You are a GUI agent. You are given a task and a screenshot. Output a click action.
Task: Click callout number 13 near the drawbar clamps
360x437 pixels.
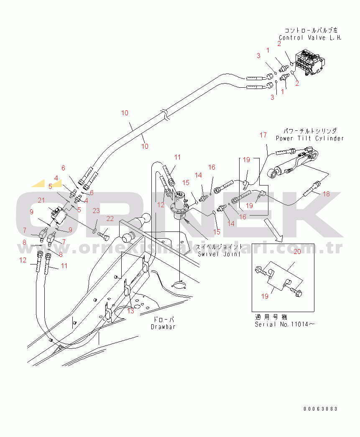(x=131, y=310)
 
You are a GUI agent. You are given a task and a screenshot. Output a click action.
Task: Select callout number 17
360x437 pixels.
(x=263, y=135)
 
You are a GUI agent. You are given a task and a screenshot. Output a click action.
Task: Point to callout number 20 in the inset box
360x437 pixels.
(x=297, y=252)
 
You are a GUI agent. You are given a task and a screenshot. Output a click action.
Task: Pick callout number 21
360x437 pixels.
(x=41, y=201)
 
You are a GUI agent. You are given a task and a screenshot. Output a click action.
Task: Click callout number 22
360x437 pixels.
(x=110, y=218)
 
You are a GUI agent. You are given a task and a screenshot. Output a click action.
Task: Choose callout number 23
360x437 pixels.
(x=96, y=210)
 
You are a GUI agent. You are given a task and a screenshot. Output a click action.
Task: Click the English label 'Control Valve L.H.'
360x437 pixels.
(x=310, y=37)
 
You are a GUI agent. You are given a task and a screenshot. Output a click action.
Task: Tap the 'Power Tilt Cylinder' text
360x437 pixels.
(x=310, y=138)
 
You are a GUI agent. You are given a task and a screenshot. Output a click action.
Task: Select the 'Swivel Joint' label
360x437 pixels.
(x=219, y=253)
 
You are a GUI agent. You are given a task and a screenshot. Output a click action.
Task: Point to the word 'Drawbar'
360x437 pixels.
(x=163, y=326)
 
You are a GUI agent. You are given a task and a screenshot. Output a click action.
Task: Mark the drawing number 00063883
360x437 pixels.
(x=321, y=409)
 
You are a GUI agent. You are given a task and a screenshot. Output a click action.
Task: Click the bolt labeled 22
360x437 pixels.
(x=104, y=237)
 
